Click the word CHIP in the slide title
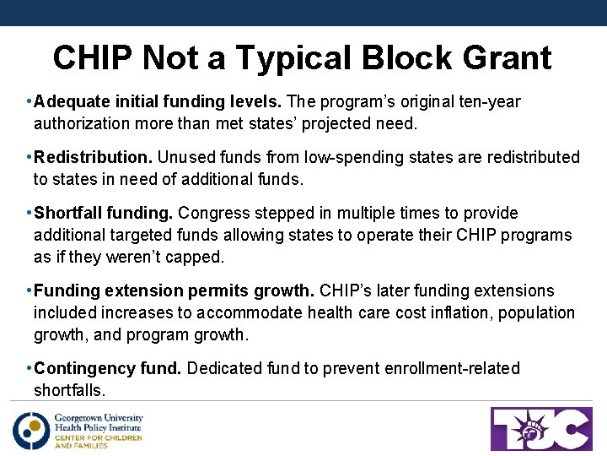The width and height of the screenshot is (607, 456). [93, 58]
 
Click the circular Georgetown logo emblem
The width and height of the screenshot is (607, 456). [31, 431]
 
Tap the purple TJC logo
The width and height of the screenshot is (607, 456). [541, 429]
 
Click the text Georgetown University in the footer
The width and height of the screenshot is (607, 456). [99, 417]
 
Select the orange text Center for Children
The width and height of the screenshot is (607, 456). [98, 437]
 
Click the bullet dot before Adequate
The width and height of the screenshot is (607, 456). [29, 102]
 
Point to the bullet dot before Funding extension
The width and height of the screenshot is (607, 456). [29, 290]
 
